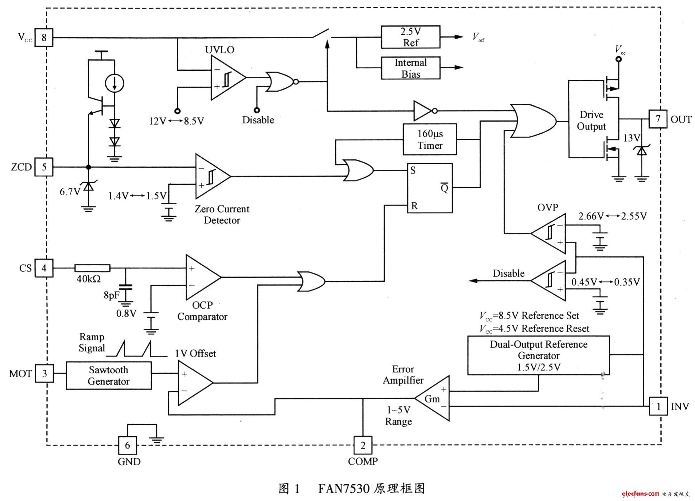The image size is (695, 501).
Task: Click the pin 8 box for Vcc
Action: [x=44, y=38]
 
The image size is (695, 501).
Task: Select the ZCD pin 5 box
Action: [x=44, y=167]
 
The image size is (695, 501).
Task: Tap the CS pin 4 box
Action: [x=44, y=268]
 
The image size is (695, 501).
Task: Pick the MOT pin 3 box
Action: [x=44, y=374]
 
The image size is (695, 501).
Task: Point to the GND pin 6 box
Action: [x=127, y=446]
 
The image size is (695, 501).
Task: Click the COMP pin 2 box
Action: [x=363, y=446]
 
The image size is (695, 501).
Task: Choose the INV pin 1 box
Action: [x=658, y=406]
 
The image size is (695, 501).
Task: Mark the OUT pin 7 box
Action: [x=658, y=119]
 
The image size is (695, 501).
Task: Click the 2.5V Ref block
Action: [x=410, y=37]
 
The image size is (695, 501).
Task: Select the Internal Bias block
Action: [x=410, y=68]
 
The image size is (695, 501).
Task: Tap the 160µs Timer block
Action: [x=430, y=139]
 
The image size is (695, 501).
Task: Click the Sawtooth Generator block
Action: [x=108, y=375]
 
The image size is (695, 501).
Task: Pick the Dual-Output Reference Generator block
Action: [x=538, y=355]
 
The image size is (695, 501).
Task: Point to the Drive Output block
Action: [x=592, y=120]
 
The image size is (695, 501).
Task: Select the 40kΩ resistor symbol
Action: [x=92, y=268]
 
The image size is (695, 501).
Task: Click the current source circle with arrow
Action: [x=115, y=84]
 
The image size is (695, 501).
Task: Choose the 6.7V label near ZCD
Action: [x=70, y=192]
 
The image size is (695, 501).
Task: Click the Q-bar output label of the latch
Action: [x=444, y=187]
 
